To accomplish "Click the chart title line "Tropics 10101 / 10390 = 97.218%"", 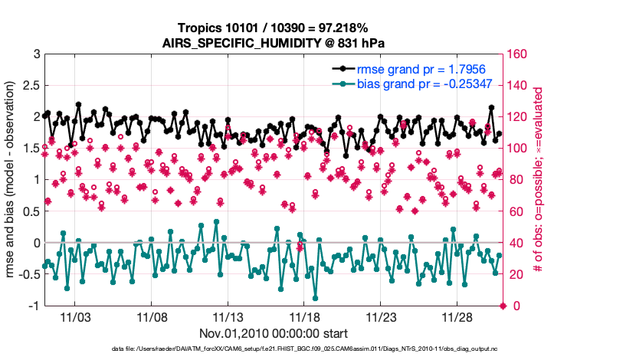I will coord(272,28).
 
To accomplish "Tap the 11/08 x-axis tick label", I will coord(152,316).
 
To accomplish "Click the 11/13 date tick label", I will coord(228,316).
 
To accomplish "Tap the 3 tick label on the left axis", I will coord(35,54).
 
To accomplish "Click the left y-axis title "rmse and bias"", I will coord(12,180).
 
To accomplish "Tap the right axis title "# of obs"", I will coord(538,180).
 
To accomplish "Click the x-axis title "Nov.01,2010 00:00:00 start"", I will coord(274,333).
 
